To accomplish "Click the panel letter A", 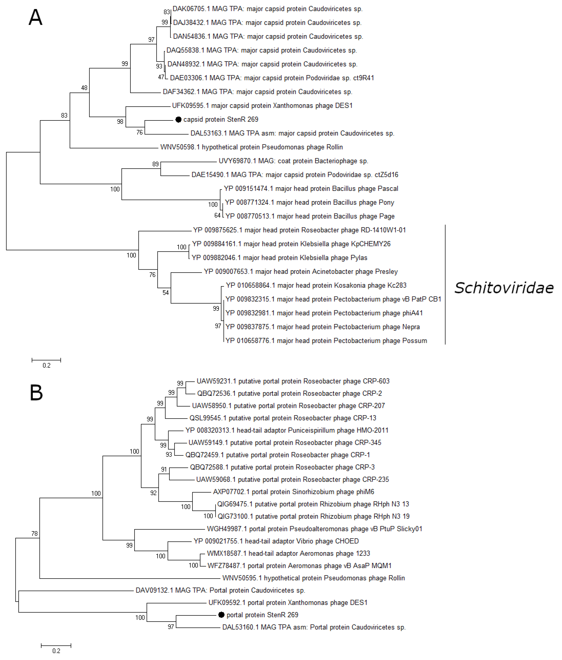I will (35, 18).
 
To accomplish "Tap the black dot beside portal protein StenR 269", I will (221, 615).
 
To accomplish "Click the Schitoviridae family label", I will (504, 288).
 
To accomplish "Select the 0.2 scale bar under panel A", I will (46, 360).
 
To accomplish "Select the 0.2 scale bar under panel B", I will (56, 646).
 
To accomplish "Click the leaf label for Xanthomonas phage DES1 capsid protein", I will (262, 106).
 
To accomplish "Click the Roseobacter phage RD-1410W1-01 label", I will (300, 230).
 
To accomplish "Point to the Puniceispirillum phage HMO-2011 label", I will (287, 430).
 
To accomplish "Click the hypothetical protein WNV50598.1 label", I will (251, 147).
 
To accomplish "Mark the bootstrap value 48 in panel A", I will (84, 88).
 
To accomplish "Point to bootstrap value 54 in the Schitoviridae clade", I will (166, 293).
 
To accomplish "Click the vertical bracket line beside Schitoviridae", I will (445, 285).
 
